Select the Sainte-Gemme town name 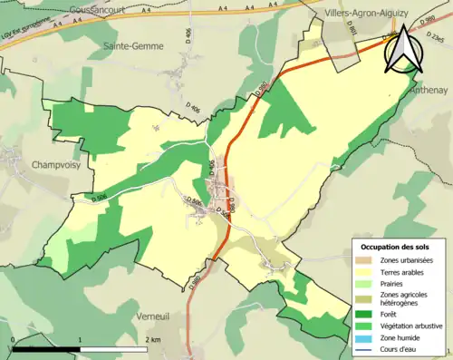(132, 44)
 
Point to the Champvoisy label (33, 165)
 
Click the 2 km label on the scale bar (153, 338)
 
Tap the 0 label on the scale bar (14, 338)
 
